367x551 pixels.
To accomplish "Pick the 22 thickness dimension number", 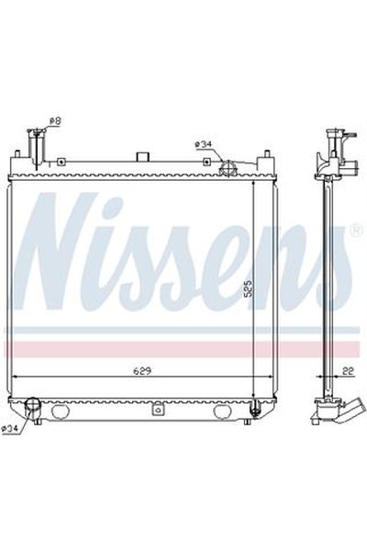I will tap(347, 371).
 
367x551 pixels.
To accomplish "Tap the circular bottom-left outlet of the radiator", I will tap(34, 405).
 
